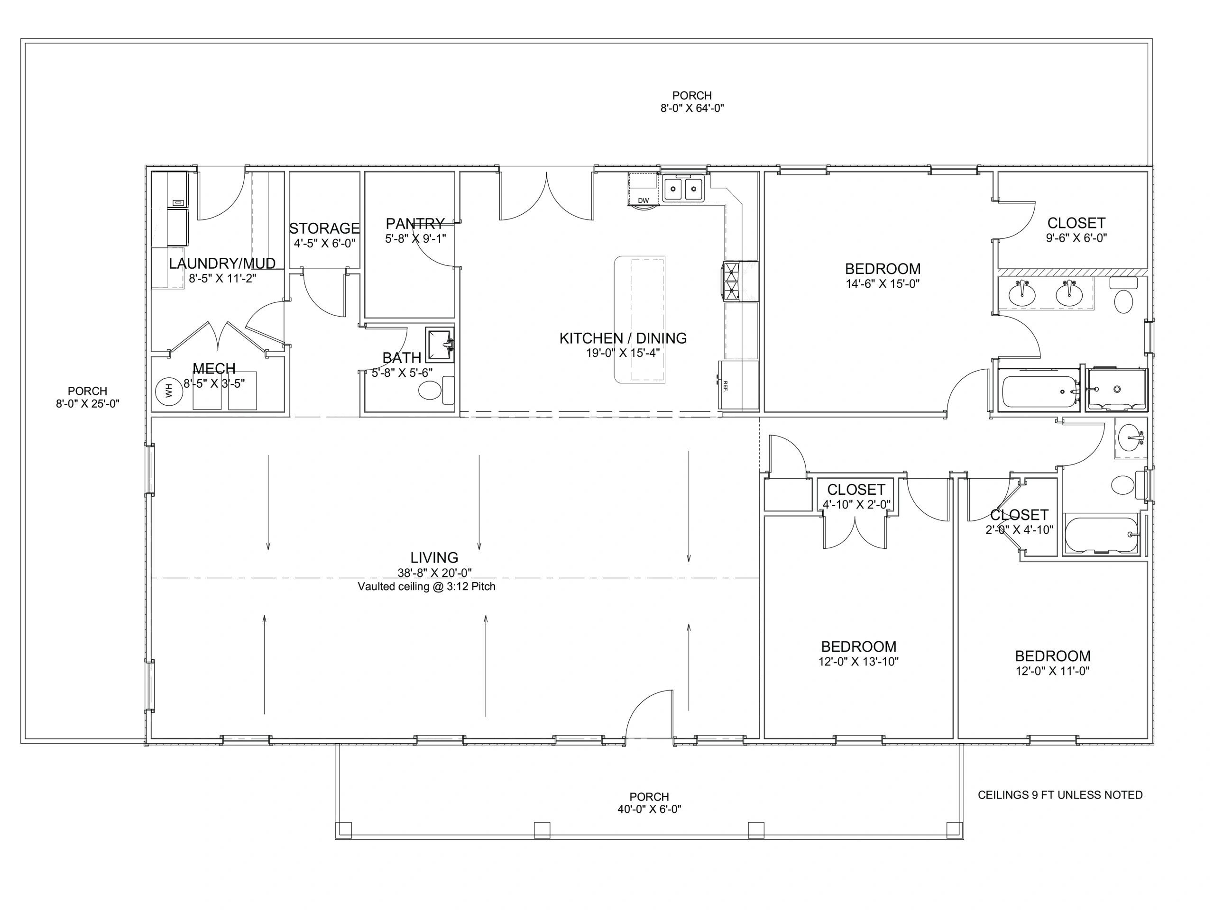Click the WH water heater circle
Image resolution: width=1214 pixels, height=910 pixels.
point(168,391)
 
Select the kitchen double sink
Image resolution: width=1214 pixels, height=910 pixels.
point(684,189)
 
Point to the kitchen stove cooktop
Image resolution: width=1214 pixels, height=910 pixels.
point(732,281)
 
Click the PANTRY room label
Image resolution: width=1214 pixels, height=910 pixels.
point(415,223)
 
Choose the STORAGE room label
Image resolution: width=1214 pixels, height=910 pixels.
point(324,228)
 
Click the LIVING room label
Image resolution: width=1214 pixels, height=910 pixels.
point(434,557)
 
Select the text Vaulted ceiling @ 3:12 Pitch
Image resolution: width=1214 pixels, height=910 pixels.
point(426,586)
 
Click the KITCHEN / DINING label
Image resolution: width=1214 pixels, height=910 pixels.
point(623,338)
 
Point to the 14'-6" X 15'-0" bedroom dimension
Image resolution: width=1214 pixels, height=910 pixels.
point(883,283)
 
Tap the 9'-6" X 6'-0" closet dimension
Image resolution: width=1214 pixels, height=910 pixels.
point(1076,238)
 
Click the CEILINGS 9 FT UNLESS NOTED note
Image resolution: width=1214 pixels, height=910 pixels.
point(1060,795)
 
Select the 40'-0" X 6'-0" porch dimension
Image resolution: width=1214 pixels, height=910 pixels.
point(649,809)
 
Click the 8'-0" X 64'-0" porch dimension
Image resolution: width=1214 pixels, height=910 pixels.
point(692,108)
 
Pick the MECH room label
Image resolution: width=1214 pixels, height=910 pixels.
point(214,368)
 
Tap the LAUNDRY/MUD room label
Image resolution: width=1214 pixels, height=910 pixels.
point(222,264)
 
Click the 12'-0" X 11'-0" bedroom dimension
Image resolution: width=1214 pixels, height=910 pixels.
point(1053,671)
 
